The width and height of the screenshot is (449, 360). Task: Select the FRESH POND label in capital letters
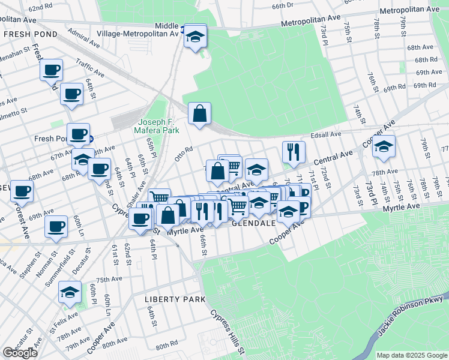coord(30,34)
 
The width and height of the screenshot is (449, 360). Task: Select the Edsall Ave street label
coord(327,134)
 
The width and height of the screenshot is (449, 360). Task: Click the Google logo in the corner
coord(20,353)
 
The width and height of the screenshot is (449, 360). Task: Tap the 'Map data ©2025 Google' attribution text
coord(412,355)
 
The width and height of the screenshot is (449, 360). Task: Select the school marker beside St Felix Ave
coord(70,293)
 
